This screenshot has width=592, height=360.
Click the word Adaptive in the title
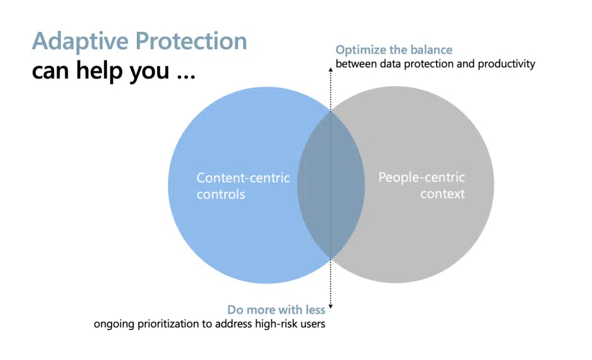[79, 42]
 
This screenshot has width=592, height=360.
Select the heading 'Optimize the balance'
[394, 50]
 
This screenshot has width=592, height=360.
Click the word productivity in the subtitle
[506, 64]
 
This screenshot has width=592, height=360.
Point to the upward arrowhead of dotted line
[330, 68]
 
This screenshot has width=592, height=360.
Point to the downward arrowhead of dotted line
[330, 307]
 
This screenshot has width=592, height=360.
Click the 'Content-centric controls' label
[243, 186]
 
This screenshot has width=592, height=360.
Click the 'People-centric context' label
[421, 185]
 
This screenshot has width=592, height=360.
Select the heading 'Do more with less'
[276, 310]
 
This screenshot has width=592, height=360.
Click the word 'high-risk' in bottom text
[277, 324]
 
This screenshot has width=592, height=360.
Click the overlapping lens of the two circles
[330, 185]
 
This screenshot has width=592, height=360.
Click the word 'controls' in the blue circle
[220, 194]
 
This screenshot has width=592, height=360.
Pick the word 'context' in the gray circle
[442, 194]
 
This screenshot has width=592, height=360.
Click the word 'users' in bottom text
[312, 324]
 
